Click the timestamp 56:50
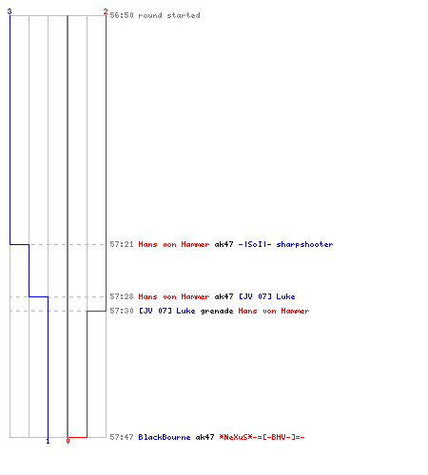click(x=122, y=15)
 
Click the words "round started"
click(x=169, y=15)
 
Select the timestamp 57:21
click(x=122, y=244)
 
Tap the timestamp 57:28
click(x=122, y=296)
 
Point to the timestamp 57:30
click(x=122, y=311)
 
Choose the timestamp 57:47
click(x=122, y=437)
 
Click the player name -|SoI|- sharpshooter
click(x=285, y=244)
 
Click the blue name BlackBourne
click(x=165, y=437)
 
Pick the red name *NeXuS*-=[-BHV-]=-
click(x=262, y=437)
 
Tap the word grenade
click(x=217, y=311)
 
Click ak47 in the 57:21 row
click(x=224, y=244)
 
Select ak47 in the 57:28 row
click(x=224, y=296)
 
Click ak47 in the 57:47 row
click(x=204, y=437)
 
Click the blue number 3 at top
click(x=10, y=11)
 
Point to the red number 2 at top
click(x=106, y=11)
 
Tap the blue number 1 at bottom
click(x=48, y=441)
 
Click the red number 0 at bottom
click(x=68, y=441)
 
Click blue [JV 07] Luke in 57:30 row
click(x=167, y=311)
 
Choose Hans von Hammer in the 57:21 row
click(x=174, y=244)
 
